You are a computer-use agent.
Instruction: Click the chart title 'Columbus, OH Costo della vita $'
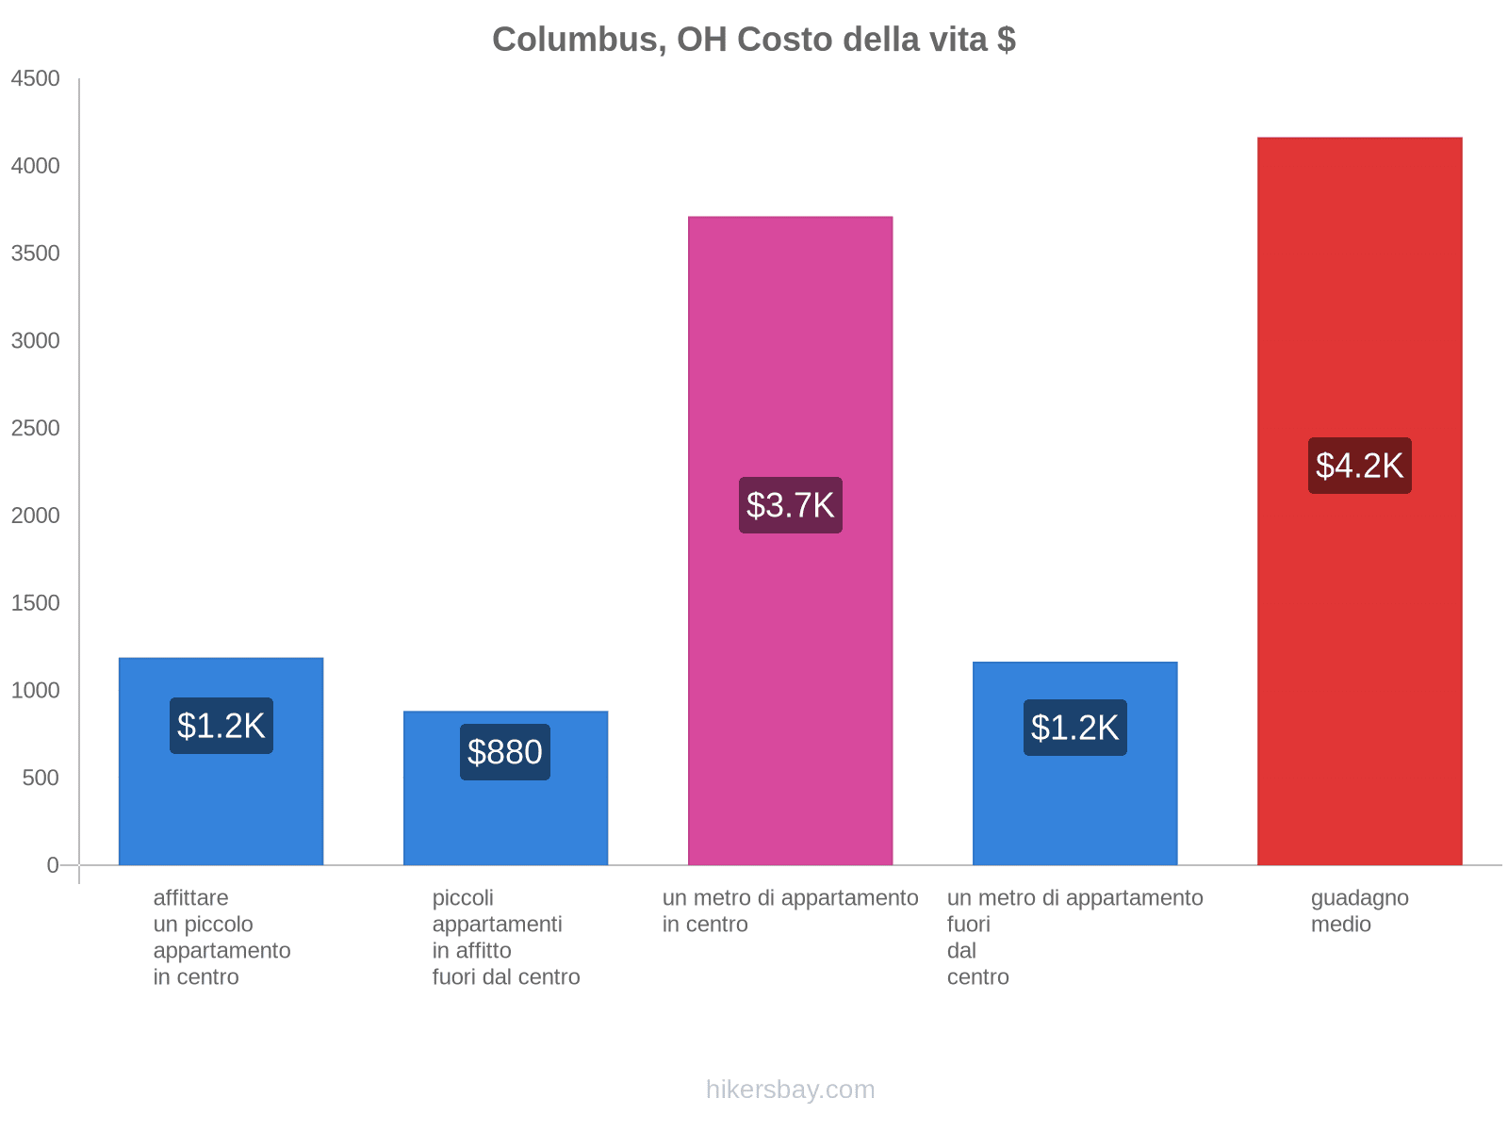pos(753,40)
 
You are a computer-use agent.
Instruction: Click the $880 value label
pos(505,752)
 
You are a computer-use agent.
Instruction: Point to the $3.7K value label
pos(790,505)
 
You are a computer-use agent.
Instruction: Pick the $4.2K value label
pos(1359,466)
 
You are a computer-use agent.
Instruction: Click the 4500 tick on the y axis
pos(36,79)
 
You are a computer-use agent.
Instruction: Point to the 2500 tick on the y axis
pos(36,429)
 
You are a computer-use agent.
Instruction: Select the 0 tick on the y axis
pos(53,865)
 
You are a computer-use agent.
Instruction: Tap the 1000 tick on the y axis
pos(36,691)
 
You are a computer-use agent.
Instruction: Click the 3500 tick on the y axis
pos(36,254)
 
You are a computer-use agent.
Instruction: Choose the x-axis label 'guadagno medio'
pos(1359,911)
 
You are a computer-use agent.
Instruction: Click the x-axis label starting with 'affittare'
pos(221,938)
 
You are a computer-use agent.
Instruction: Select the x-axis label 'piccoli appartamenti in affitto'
pos(506,938)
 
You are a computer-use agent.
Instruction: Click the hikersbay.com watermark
pos(790,1090)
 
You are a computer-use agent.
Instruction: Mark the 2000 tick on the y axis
pos(36,516)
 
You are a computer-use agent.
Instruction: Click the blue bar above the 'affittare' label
pos(221,811)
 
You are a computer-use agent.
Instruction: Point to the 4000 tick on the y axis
pos(36,167)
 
